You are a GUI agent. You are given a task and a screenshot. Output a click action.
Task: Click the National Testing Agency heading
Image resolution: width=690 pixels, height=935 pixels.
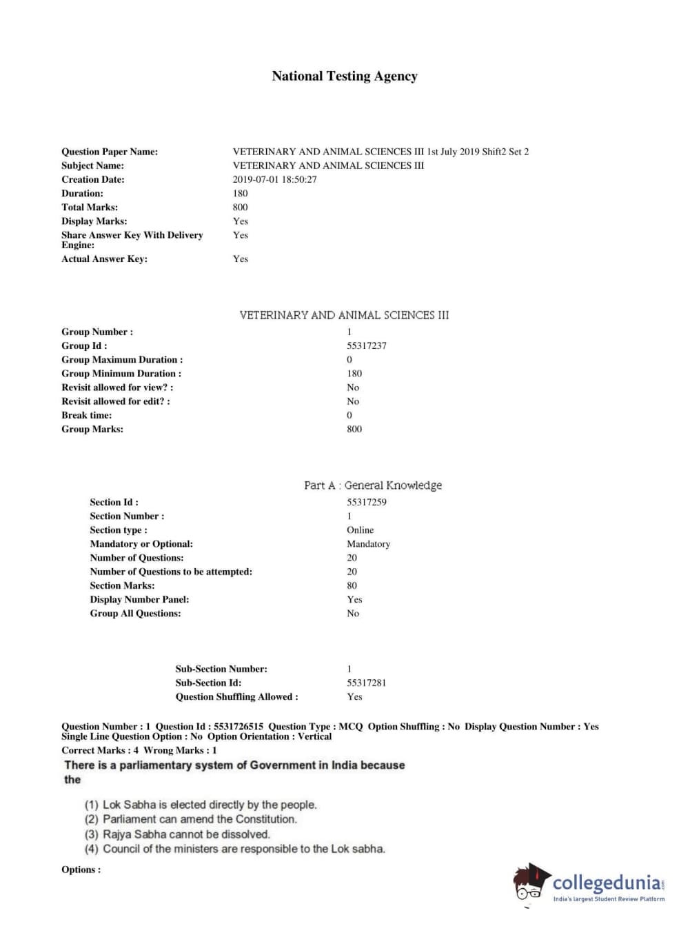pos(345,77)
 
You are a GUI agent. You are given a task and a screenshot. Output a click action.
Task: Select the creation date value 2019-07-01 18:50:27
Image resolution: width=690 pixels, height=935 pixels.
pos(274,179)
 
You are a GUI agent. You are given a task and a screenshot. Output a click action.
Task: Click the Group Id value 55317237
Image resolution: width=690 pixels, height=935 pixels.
pos(366,345)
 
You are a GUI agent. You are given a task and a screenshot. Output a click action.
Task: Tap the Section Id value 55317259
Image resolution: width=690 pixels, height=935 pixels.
pos(366,502)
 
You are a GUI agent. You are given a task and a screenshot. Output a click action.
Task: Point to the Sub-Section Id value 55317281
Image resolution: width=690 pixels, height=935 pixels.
pos(366,683)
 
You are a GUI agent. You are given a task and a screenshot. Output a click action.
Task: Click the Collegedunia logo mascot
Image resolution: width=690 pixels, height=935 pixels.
pos(530,882)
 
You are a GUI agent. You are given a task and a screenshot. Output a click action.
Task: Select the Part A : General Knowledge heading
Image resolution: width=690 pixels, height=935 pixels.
pos(373,485)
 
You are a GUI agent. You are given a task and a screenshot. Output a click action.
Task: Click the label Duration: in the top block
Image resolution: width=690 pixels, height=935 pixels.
pos(82,193)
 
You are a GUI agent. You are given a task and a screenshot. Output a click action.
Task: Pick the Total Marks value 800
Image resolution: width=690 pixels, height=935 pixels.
pos(240,207)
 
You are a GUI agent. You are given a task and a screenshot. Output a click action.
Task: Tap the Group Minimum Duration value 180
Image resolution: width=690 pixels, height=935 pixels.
pos(354,373)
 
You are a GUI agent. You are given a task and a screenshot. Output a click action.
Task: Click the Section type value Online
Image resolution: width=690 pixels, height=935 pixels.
pos(360,530)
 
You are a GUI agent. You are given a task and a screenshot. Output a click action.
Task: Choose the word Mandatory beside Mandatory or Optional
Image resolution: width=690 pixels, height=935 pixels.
pos(368,543)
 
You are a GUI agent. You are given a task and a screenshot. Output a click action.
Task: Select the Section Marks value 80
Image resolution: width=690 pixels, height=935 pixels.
pos(352,585)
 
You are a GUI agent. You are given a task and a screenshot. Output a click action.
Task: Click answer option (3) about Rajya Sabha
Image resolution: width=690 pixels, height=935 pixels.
pos(177,834)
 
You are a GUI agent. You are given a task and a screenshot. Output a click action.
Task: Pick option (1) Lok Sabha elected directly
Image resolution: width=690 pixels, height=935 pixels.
pos(201,805)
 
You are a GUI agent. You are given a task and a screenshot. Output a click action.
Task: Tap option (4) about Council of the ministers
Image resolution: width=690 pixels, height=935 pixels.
pos(234,849)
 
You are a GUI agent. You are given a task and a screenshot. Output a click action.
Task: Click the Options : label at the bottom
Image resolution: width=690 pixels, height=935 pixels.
pos(81,869)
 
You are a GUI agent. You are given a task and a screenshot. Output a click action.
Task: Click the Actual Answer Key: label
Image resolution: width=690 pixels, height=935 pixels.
pos(104,259)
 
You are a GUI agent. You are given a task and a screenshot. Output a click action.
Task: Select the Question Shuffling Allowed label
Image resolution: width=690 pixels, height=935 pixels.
pos(236,696)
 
